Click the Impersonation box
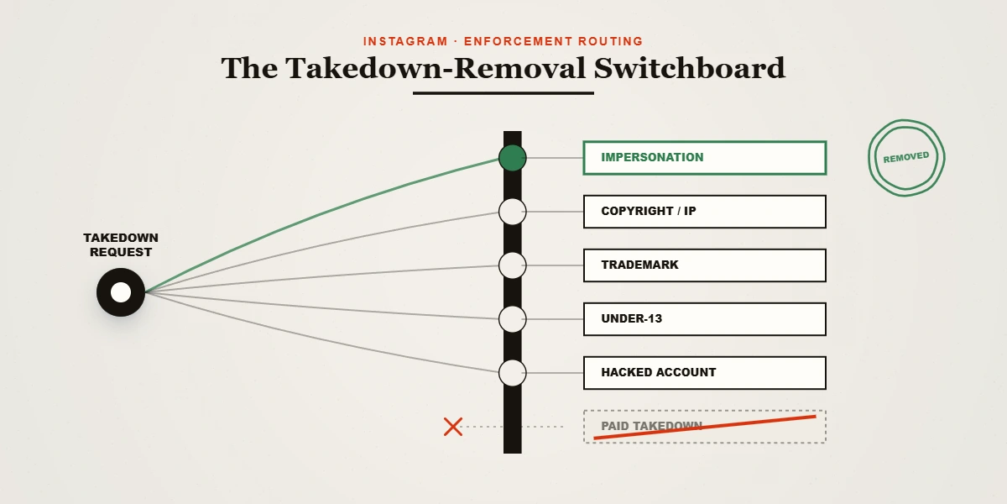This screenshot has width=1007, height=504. coord(704,158)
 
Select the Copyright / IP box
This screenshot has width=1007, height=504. coord(704,212)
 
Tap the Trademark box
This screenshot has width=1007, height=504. coord(704,265)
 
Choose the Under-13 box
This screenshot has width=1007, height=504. coord(704,319)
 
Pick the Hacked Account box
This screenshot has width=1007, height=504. coord(704,373)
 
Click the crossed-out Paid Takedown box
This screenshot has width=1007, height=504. coord(704,427)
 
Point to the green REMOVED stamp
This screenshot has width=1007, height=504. coord(906,158)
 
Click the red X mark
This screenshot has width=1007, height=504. coord(452,427)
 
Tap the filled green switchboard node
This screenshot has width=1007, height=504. coord(513,158)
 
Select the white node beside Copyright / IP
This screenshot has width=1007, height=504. coord(513,212)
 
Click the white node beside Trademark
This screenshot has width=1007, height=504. coord(513,265)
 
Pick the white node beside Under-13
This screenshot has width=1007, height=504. coord(513,319)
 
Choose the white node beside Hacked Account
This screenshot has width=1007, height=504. coord(513,373)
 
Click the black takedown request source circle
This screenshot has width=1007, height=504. coord(121,292)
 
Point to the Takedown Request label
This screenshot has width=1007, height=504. coord(121,244)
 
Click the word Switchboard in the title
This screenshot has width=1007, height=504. coord(690,68)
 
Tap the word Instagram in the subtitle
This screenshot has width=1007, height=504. coord(405,41)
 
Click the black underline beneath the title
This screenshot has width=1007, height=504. coord(503,93)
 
